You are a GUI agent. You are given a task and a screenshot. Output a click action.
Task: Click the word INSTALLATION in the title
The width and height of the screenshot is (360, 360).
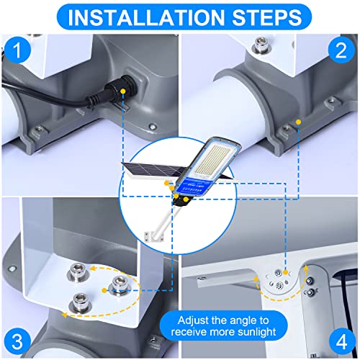(x=146, y=17)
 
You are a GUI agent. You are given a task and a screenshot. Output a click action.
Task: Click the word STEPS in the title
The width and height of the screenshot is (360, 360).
(x=266, y=17)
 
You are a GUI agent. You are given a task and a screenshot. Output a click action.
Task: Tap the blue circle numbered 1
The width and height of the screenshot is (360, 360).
(x=17, y=50)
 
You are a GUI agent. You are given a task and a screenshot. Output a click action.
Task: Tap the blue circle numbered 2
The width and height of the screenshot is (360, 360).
(x=341, y=50)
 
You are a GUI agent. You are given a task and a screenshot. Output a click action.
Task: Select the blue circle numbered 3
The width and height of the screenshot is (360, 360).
(x=17, y=341)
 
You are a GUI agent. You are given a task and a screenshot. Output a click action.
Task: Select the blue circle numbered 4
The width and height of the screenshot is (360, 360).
(x=342, y=341)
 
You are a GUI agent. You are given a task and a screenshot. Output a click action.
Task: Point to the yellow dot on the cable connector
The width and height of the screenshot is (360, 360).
(x=123, y=91)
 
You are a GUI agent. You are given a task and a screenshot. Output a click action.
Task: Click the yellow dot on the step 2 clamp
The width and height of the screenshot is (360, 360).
(x=298, y=122)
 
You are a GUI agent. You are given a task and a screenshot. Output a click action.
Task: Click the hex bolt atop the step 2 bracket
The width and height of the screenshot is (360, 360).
(x=261, y=45)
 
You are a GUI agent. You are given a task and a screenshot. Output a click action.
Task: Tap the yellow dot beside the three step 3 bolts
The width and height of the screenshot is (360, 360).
(x=104, y=290)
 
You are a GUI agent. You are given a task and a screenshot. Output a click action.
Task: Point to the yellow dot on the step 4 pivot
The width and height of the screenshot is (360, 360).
(x=285, y=272)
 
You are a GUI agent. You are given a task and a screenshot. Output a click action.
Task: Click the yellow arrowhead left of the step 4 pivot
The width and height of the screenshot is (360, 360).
(x=256, y=279)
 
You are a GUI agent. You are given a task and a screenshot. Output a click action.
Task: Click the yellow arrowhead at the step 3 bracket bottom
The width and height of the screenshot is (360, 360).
(x=64, y=315)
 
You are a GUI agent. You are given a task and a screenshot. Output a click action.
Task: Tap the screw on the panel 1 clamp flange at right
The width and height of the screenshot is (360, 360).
(x=152, y=126)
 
